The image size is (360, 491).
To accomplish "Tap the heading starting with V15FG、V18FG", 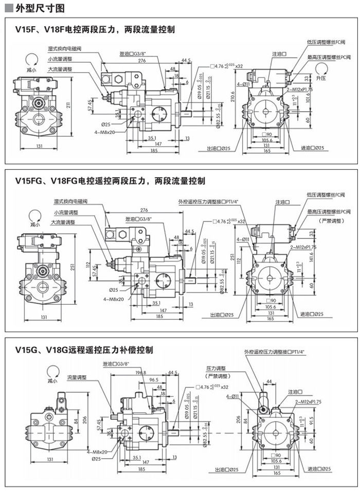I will [110, 181].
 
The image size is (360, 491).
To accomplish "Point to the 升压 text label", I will [322, 78].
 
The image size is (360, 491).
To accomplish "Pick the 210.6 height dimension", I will [232, 96].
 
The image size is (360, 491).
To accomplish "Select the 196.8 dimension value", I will [140, 373].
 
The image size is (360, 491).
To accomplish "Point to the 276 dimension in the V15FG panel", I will [144, 210].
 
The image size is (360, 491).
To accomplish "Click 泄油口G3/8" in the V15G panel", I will [115, 364].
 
